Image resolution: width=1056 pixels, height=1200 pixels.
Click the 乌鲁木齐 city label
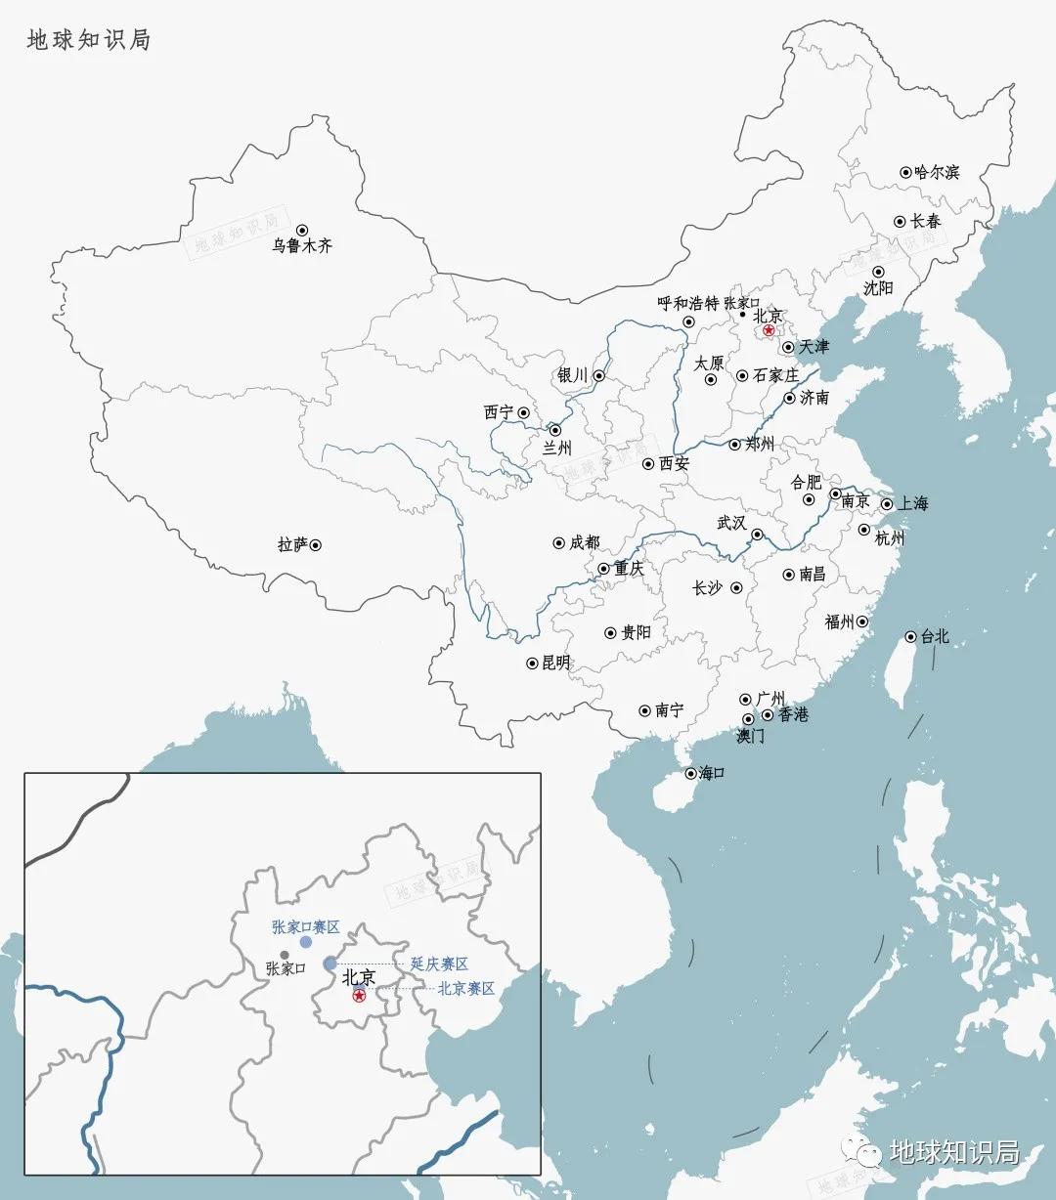pyautogui.click(x=302, y=246)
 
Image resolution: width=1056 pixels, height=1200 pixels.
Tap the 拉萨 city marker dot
pyautogui.click(x=316, y=545)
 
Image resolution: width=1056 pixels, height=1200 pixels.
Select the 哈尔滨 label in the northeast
pyautogui.click(x=937, y=173)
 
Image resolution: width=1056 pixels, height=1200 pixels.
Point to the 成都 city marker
pyautogui.click(x=559, y=542)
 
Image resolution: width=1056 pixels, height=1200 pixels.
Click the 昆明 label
pyautogui.click(x=555, y=663)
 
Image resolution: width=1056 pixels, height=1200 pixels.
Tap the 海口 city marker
pyautogui.click(x=690, y=773)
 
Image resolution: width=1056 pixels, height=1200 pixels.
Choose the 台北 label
pyautogui.click(x=935, y=636)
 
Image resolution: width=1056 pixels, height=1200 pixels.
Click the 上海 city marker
pyautogui.click(x=887, y=504)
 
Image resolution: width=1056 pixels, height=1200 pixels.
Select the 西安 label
pyautogui.click(x=674, y=463)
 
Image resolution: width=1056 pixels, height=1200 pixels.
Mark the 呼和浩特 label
pyautogui.click(x=687, y=304)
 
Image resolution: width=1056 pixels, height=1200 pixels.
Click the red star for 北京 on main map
pyautogui.click(x=770, y=331)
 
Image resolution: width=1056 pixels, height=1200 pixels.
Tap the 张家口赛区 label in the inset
pyautogui.click(x=305, y=926)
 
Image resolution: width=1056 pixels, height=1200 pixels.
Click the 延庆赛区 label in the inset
pyautogui.click(x=439, y=964)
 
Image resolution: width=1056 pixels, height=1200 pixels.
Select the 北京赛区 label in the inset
pyautogui.click(x=465, y=989)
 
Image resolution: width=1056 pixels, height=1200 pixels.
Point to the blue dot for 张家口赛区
pyautogui.click(x=306, y=942)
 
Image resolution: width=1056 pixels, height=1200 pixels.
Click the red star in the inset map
pyautogui.click(x=360, y=996)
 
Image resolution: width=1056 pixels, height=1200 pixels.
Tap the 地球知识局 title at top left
pyautogui.click(x=88, y=40)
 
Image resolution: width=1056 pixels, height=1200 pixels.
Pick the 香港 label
pyautogui.click(x=793, y=714)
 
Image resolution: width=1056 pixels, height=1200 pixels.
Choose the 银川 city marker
pyautogui.click(x=599, y=375)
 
